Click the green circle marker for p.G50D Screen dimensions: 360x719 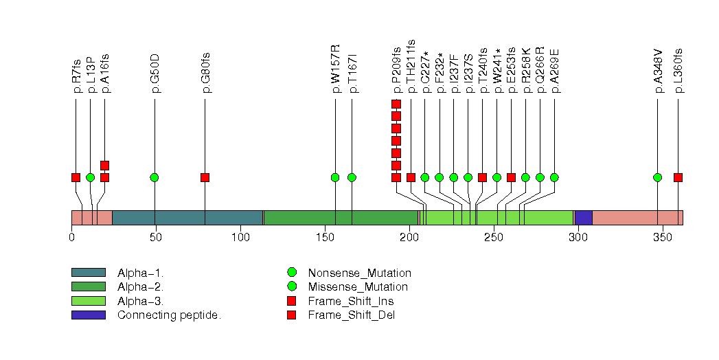155,177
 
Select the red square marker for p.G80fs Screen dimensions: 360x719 205,177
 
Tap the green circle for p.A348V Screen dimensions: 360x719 658,177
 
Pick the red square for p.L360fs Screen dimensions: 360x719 678,177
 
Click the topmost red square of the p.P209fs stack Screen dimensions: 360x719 396,104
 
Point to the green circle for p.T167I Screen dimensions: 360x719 352,177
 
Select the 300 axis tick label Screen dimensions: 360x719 578,238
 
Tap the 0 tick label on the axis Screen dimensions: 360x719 71,238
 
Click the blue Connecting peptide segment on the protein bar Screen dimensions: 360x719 584,218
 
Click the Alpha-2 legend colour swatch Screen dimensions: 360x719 88,286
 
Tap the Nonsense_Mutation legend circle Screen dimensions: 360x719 291,273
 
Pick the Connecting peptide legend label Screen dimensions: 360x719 169,315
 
